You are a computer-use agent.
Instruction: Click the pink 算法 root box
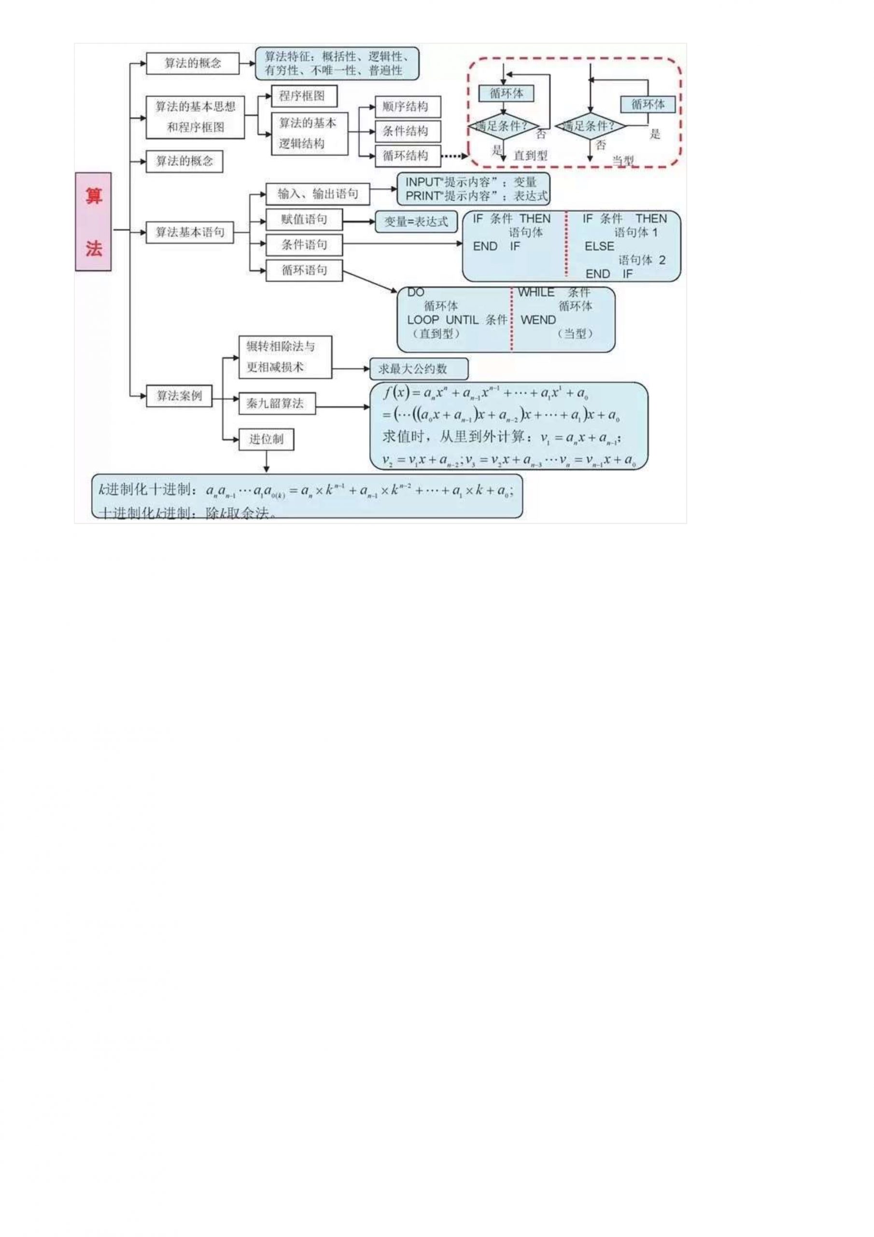[x=93, y=221]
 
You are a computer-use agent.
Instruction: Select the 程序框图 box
[x=304, y=96]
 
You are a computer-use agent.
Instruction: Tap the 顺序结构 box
[x=408, y=107]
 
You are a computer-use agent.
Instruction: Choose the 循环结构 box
[x=408, y=156]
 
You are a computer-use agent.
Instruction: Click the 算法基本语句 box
[x=190, y=232]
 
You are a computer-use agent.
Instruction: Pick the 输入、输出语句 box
[x=318, y=194]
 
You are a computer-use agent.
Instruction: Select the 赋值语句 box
[x=304, y=219]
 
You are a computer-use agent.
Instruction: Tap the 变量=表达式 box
[x=416, y=221]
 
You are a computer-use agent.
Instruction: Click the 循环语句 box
[x=304, y=271]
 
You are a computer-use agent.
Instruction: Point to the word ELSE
[x=599, y=246]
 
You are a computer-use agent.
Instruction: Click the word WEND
[x=538, y=320]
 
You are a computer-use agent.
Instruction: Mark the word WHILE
[x=536, y=292]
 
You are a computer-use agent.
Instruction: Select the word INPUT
[x=423, y=182]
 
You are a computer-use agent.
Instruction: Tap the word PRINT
[x=423, y=196]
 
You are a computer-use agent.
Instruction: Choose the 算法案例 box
[x=179, y=396]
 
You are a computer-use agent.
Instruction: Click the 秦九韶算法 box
[x=277, y=403]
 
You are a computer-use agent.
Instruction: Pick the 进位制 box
[x=266, y=439]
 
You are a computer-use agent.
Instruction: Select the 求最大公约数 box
[x=419, y=369]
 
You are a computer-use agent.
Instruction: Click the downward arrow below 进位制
[x=266, y=462]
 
